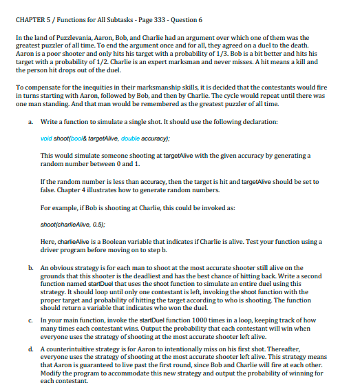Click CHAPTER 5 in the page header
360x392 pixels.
(32, 19)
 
